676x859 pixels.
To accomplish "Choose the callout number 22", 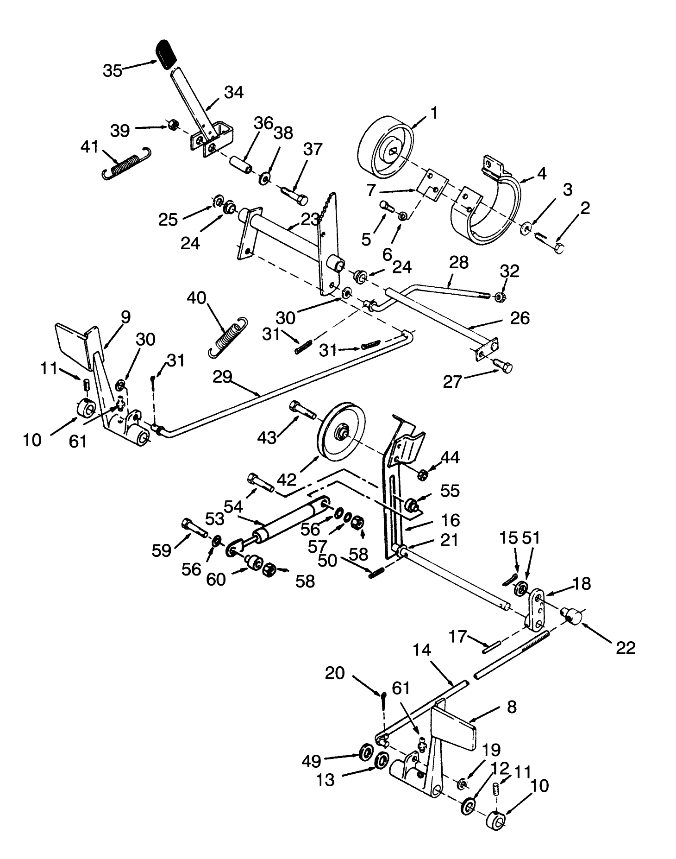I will click(625, 647).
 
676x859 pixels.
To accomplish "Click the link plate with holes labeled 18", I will click(538, 608).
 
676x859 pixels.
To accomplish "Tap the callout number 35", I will click(112, 70).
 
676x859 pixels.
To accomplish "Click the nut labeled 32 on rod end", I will click(501, 296).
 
